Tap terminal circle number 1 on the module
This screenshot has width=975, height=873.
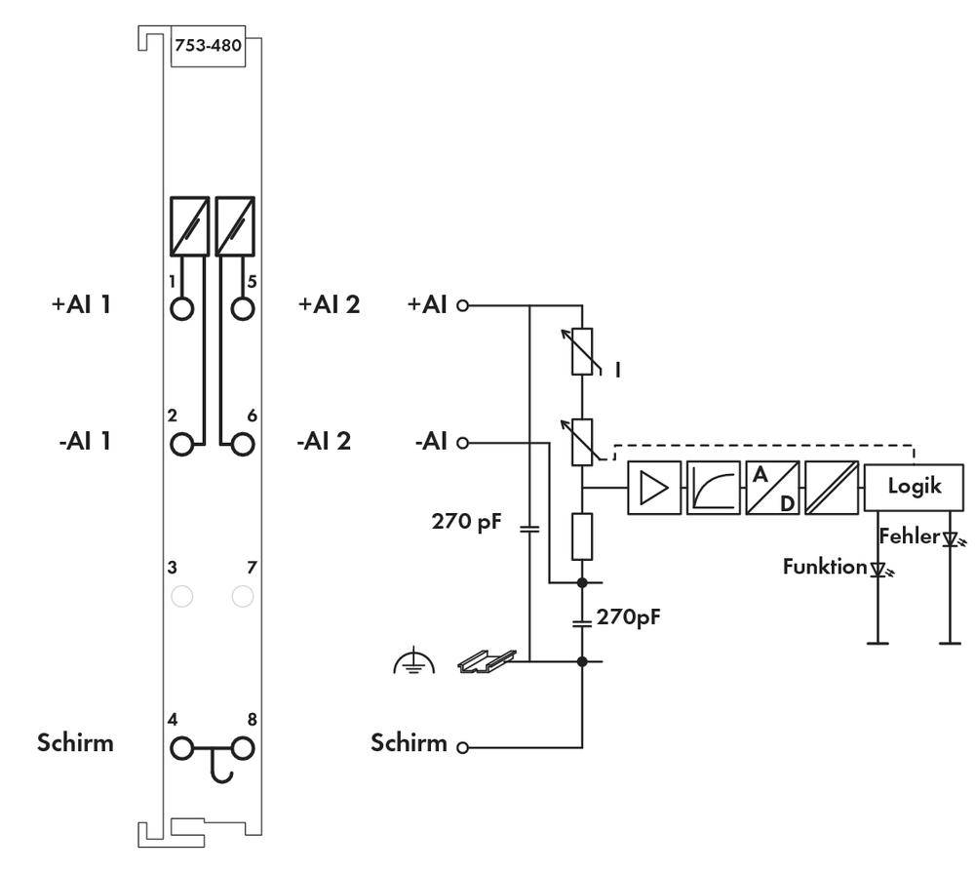181,308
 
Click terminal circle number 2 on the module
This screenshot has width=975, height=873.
181,444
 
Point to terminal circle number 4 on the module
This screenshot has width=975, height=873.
181,748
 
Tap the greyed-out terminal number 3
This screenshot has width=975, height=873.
181,595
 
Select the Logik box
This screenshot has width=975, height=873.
914,486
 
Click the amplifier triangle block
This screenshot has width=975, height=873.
653,487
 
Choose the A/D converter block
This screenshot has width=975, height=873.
772,487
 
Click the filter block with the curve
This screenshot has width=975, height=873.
713,487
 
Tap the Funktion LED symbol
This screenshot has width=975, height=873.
878,569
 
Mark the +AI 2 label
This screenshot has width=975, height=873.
328,304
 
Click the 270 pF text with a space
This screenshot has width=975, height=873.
466,522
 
